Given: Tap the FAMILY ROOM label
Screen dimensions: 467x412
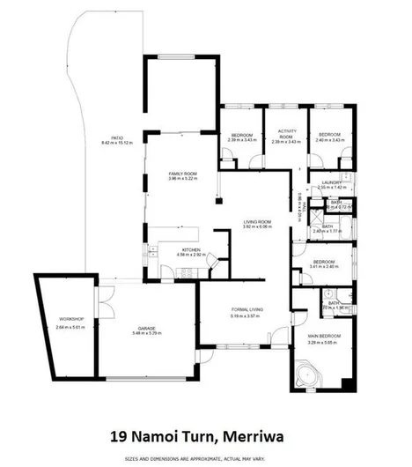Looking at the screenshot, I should pos(184,174).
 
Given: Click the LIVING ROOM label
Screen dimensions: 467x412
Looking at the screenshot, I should pos(257,221).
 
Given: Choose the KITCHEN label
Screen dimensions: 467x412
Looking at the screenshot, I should pos(191,249).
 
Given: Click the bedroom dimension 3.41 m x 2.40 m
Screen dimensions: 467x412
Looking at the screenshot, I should pos(325,267).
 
